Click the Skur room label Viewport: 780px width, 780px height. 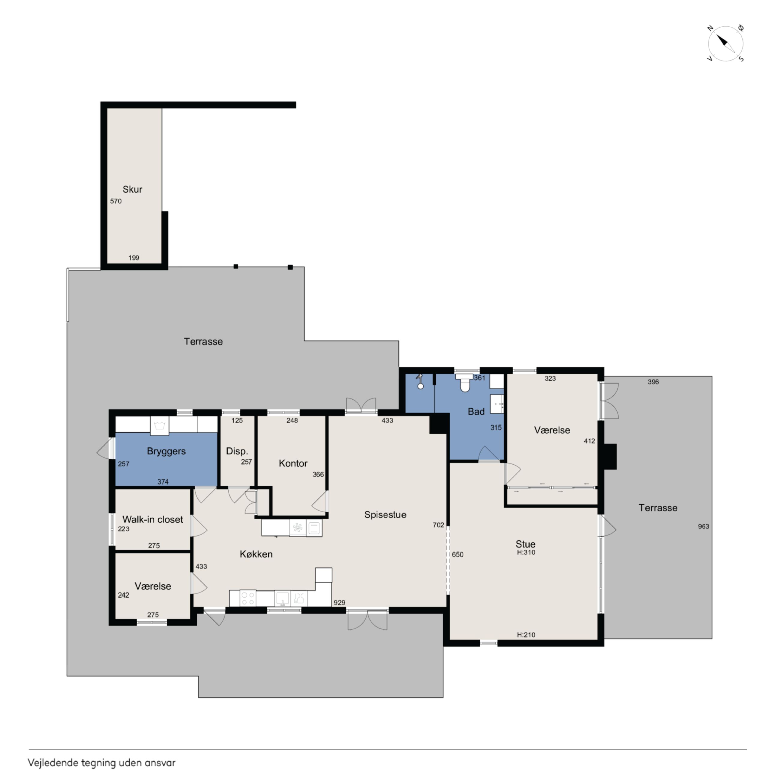point(132,189)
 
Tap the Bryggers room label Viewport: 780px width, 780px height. point(166,451)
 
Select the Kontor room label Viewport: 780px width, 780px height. point(293,463)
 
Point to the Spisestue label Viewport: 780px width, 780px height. point(385,515)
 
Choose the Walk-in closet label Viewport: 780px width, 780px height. point(153,519)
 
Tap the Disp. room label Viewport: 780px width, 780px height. point(237,451)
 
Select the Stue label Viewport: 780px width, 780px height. point(525,544)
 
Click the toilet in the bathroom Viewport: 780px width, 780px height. point(465,382)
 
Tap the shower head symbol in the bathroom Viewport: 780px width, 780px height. point(420,382)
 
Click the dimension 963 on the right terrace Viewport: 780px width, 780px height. point(703,526)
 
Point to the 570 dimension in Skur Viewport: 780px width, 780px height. point(116,201)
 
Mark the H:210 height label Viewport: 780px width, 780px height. point(526,635)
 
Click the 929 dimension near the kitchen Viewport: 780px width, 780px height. point(340,602)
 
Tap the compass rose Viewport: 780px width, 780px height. point(725,43)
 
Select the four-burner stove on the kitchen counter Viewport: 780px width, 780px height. point(247,598)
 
